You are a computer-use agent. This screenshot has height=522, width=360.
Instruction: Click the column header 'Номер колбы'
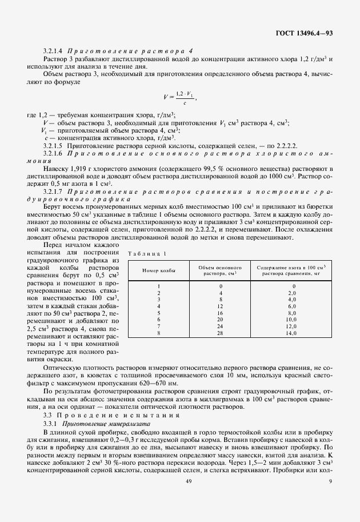[x=159, y=269]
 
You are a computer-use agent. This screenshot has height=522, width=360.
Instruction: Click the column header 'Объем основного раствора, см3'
[x=221, y=269]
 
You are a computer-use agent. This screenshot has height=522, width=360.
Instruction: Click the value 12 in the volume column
[x=221, y=306]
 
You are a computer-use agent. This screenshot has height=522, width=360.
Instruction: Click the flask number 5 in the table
[x=159, y=313]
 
